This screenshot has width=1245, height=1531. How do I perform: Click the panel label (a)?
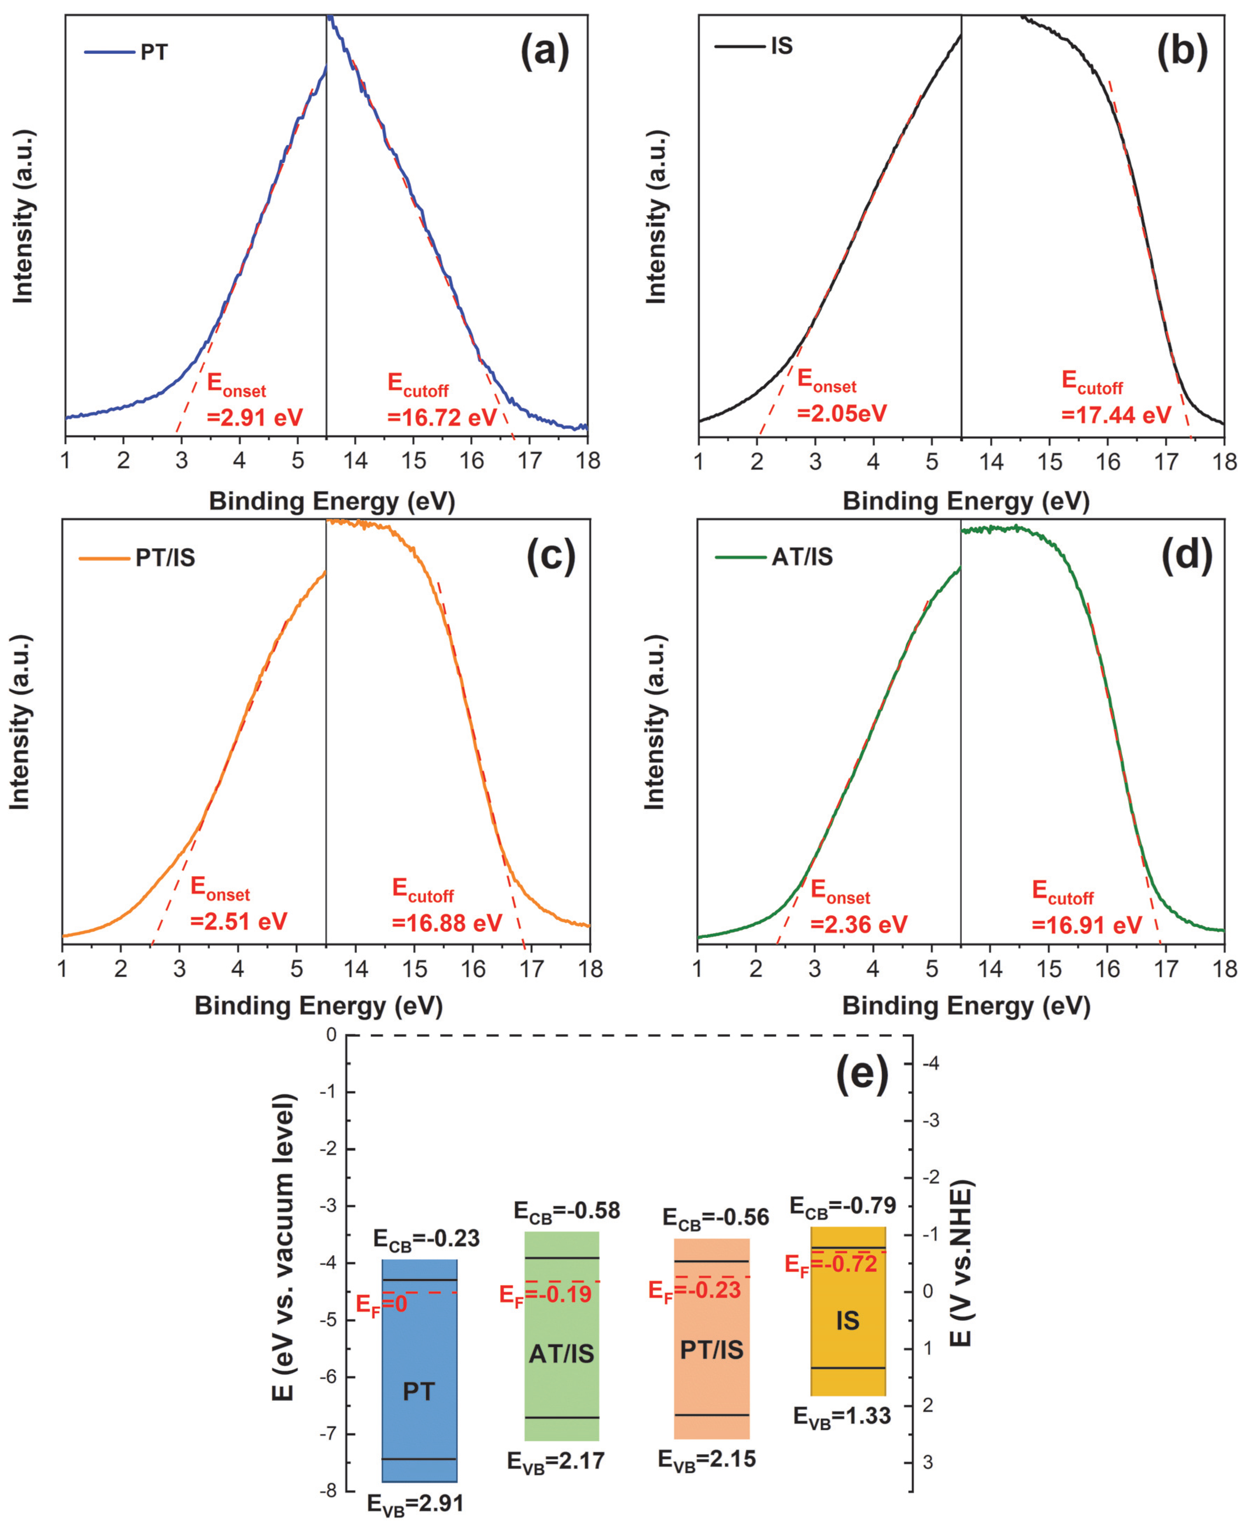544,52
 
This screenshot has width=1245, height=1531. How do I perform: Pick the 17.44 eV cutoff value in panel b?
1116,415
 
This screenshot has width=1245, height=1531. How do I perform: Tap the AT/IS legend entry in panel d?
774,557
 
